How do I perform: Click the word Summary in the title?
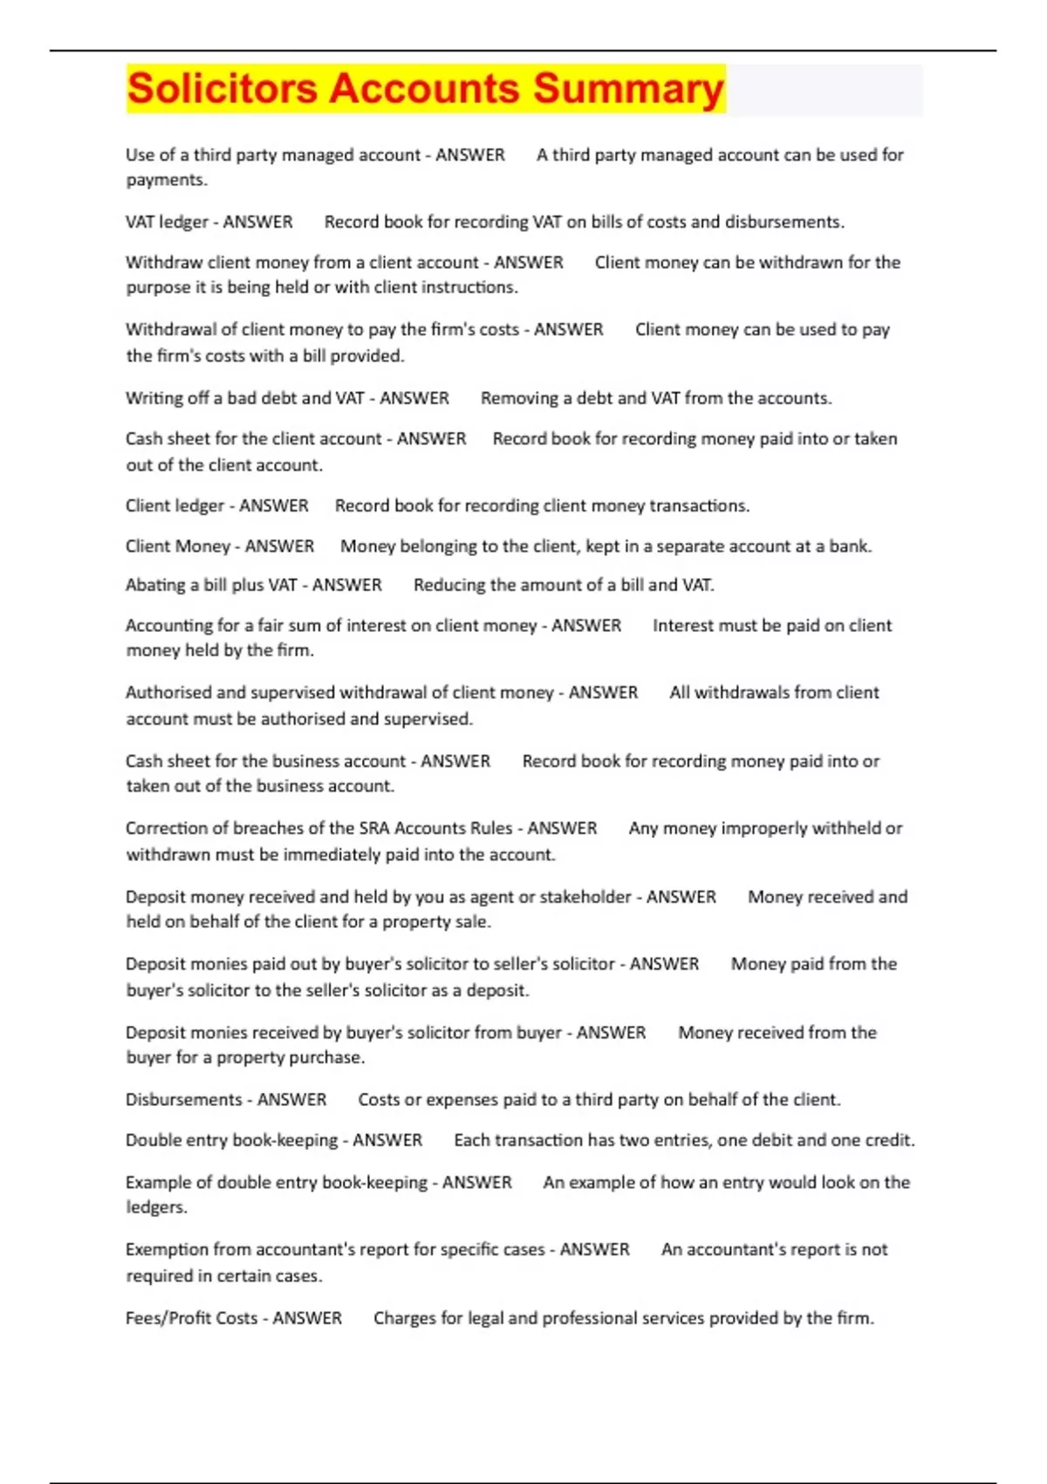pyautogui.click(x=628, y=89)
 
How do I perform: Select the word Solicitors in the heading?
pyautogui.click(x=222, y=89)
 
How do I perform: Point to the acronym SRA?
pyautogui.click(x=375, y=828)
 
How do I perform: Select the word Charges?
pyautogui.click(x=404, y=1317)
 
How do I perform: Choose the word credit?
pyautogui.click(x=887, y=1140)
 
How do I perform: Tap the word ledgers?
pyautogui.click(x=155, y=1207)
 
